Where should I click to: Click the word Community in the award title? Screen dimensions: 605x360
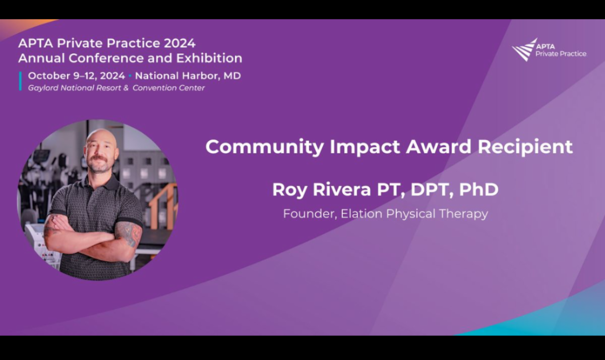coord(265,147)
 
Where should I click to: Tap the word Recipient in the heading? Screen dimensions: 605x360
coord(525,147)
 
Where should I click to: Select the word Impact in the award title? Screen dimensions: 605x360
coord(365,147)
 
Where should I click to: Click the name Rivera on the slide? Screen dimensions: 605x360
coord(342,189)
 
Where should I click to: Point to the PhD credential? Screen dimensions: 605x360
coord(478,189)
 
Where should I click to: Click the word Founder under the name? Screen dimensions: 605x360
coord(310,214)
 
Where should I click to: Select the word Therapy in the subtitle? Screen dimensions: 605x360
coord(463,214)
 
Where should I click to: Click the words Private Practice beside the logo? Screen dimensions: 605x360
coord(561,54)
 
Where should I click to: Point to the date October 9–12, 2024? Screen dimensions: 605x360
coord(77,76)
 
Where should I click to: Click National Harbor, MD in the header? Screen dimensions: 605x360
coord(188,76)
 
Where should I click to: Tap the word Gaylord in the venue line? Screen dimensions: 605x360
coord(43,88)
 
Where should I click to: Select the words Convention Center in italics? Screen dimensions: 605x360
coord(168,88)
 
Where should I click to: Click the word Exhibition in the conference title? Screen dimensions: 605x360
coord(209,58)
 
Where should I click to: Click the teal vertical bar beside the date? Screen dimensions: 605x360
coord(20,81)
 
